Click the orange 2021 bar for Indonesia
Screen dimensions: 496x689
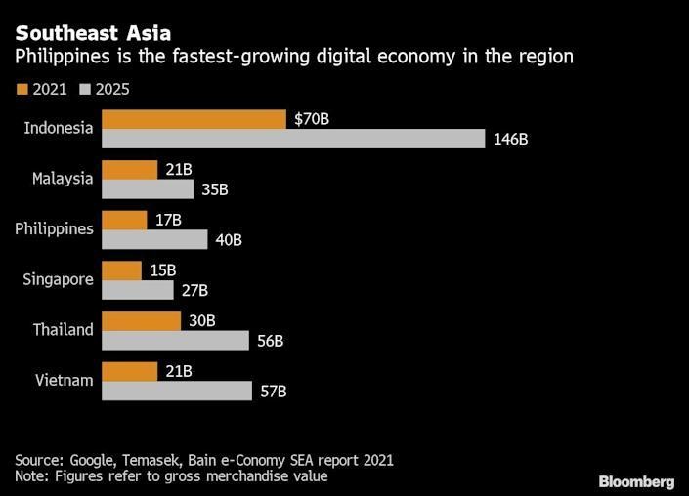click(x=193, y=119)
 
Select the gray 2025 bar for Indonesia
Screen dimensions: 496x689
click(x=293, y=139)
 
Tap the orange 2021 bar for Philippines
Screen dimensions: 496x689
click(x=124, y=220)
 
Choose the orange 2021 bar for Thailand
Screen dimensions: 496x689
click(x=141, y=321)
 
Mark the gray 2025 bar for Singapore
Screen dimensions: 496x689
click(x=137, y=290)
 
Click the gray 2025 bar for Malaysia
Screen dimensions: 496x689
click(x=149, y=188)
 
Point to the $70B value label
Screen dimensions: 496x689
click(x=312, y=119)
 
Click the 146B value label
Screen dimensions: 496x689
click(x=510, y=139)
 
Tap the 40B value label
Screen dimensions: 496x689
click(x=228, y=239)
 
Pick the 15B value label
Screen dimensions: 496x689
click(x=162, y=270)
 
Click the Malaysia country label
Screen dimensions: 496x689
click(x=63, y=179)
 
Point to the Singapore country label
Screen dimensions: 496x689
click(x=59, y=279)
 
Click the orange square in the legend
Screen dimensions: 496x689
click(x=22, y=90)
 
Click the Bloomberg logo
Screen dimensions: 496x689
click(x=636, y=481)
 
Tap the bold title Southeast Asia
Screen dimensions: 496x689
click(x=93, y=34)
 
